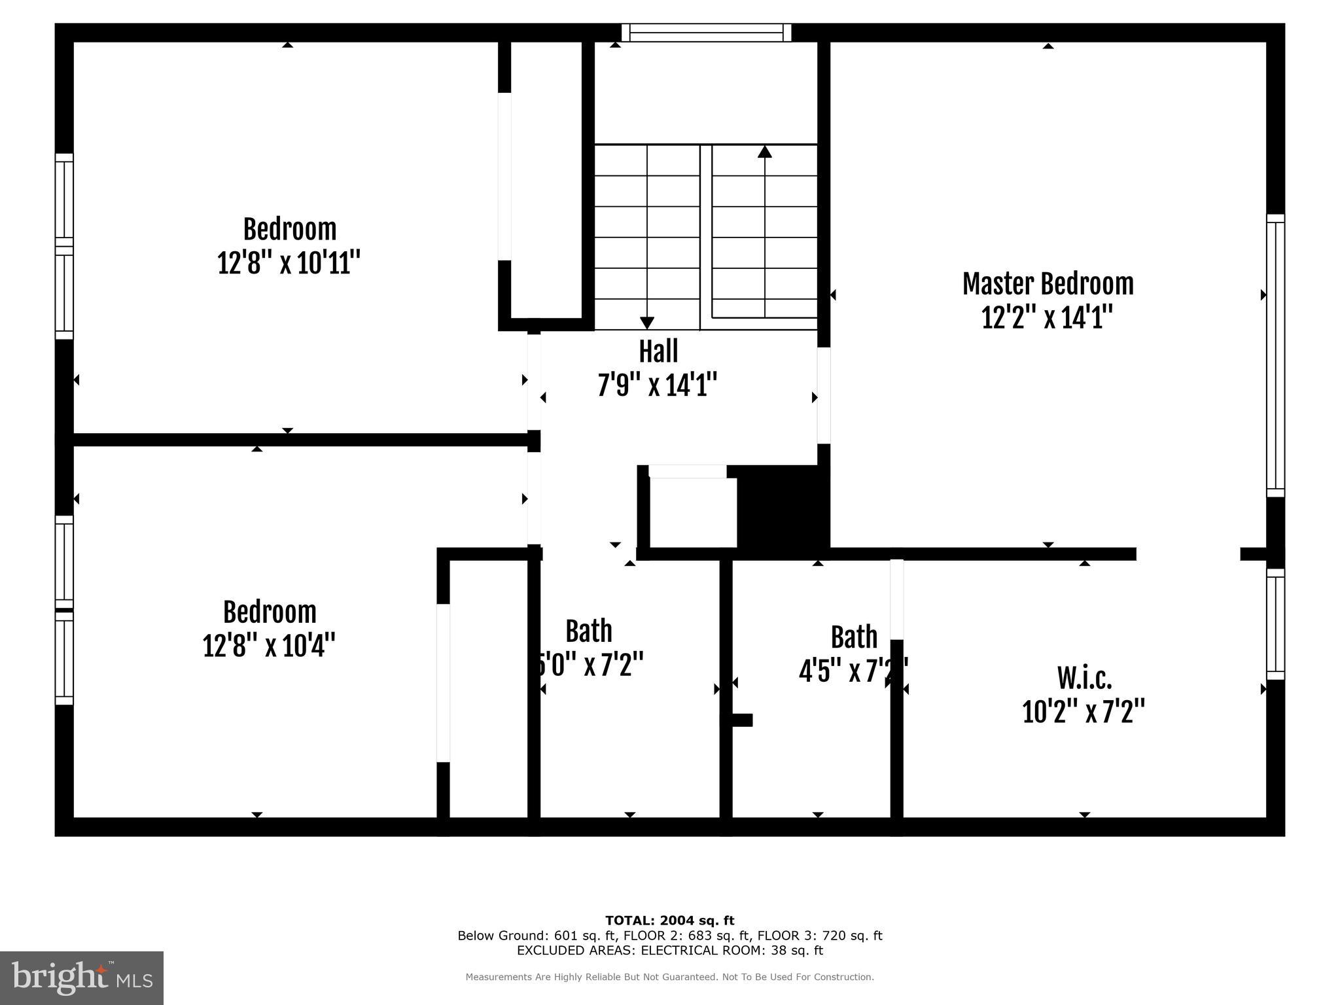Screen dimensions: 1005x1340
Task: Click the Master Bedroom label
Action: (x=1048, y=285)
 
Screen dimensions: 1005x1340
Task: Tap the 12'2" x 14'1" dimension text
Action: (x=1048, y=319)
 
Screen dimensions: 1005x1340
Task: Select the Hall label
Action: (x=658, y=351)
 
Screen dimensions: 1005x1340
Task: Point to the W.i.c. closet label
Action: (x=1084, y=679)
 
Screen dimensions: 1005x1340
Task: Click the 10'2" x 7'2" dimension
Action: (x=1084, y=711)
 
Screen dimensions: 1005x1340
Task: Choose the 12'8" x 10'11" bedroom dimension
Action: (x=289, y=263)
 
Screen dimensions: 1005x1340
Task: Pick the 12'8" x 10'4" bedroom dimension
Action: (x=269, y=646)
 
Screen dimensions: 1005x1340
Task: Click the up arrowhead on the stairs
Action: (x=764, y=152)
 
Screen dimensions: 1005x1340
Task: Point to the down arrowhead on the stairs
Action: (x=647, y=323)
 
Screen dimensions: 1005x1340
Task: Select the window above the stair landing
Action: (x=706, y=33)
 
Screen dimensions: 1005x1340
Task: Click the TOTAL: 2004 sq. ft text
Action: (x=669, y=921)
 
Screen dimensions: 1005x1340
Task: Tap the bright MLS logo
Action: (x=82, y=978)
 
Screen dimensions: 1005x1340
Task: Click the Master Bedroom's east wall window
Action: (x=1275, y=355)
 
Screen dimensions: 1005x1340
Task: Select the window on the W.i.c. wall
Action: (x=1275, y=624)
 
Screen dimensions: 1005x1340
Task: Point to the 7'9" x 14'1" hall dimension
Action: (x=658, y=385)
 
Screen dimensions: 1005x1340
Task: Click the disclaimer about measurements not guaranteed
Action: (x=669, y=977)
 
